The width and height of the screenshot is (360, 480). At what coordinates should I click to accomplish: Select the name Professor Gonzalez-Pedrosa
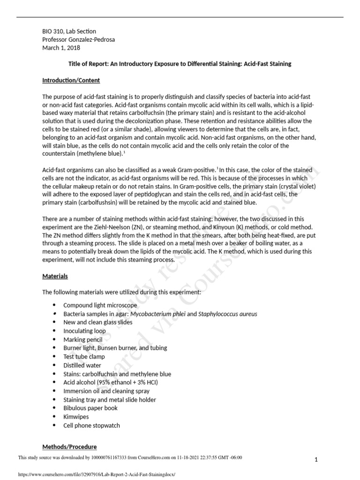tap(78, 40)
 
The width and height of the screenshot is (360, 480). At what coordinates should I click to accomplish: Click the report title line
tap(180, 64)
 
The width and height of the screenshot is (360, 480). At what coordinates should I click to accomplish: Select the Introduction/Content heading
tap(71, 81)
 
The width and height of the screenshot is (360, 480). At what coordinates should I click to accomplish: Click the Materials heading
tap(55, 276)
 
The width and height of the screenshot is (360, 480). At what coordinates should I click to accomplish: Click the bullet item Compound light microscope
tap(100, 305)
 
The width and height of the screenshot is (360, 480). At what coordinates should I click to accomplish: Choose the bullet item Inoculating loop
tap(84, 331)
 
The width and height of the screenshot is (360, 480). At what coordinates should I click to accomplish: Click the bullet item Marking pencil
tap(82, 339)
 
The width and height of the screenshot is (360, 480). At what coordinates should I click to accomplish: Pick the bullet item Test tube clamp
tap(84, 357)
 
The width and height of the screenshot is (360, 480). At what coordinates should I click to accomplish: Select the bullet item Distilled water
tap(82, 365)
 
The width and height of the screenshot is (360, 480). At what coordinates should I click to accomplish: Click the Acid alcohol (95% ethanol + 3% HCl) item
tap(111, 382)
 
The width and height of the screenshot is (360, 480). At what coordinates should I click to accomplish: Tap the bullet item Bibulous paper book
tap(90, 408)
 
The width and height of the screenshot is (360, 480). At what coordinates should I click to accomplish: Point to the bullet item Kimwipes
tap(76, 416)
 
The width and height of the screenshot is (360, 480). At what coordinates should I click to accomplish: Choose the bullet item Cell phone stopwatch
tap(91, 425)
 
